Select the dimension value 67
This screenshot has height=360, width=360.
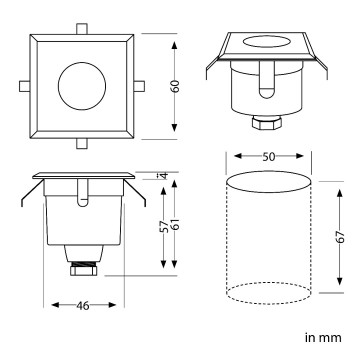(x=341, y=238)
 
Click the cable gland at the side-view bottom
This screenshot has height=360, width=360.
(x=81, y=268)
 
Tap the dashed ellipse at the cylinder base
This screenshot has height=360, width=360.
(x=268, y=291)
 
